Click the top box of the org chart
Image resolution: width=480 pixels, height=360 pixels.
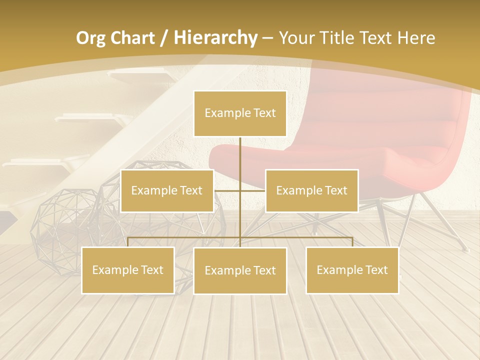click(240, 113)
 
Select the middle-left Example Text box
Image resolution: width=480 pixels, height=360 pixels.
click(167, 191)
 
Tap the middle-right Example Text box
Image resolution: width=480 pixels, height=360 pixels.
click(311, 191)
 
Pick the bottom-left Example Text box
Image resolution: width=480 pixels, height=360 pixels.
click(128, 270)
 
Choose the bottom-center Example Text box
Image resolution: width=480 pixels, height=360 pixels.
click(240, 271)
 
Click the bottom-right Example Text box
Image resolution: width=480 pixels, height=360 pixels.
click(352, 270)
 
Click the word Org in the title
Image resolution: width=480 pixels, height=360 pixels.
click(90, 38)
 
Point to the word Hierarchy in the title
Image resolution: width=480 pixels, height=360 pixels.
click(215, 38)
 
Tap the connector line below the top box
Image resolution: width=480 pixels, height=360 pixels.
click(240, 160)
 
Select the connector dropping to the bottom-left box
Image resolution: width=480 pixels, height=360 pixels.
click(128, 242)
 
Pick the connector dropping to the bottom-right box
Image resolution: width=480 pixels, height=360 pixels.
click(352, 242)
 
